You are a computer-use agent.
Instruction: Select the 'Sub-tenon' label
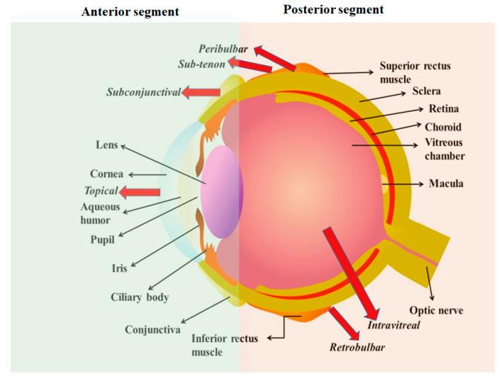[x=201, y=64]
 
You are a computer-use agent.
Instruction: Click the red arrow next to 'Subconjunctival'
[x=201, y=92]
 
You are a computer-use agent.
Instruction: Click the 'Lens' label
[x=106, y=144]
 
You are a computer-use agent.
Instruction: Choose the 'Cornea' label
[x=106, y=174]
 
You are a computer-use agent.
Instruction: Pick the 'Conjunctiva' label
[x=152, y=329]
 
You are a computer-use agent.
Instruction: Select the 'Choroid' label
[x=444, y=127]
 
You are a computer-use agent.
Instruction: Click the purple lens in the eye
[x=222, y=191]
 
